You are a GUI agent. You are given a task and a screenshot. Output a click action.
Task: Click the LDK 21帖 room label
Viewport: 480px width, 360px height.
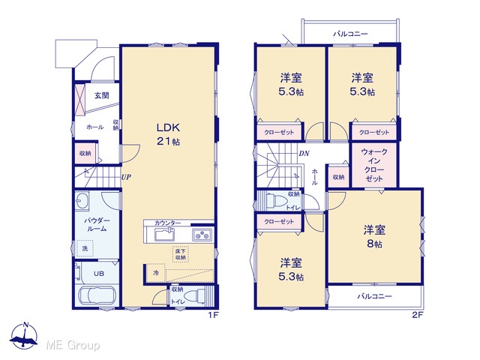tap(168, 134)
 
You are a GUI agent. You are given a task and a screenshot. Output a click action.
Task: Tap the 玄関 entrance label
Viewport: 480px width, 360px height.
tap(102, 96)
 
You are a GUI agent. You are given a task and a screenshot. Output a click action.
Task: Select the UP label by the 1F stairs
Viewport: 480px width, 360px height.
tap(126, 177)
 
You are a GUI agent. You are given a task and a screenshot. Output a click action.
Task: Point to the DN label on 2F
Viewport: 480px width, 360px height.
tap(304, 153)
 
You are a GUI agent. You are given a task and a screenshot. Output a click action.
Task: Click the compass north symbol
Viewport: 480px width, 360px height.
tap(24, 335)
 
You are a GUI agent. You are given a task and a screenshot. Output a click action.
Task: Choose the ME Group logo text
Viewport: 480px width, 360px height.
tap(73, 346)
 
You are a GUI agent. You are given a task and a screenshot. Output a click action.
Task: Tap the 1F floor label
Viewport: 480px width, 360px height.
tap(213, 315)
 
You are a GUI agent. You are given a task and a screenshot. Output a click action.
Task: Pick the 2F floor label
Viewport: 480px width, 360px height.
tap(417, 315)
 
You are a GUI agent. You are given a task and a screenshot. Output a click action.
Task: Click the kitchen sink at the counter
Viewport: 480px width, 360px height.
tap(165, 235)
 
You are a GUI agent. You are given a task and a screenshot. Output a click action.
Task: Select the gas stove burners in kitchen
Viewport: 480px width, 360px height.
tap(202, 235)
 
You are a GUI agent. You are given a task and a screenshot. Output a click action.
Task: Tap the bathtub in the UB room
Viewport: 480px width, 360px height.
tap(97, 295)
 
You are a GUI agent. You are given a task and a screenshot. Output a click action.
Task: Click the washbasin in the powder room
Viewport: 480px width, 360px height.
tap(82, 201)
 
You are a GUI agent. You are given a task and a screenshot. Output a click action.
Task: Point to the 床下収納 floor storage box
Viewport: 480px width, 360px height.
tap(181, 254)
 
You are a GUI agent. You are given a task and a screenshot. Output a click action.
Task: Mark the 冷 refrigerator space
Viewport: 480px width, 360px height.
tap(156, 272)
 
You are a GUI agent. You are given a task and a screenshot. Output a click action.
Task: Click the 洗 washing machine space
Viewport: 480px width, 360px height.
tap(85, 248)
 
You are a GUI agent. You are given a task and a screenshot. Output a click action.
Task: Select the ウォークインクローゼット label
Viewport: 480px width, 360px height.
tap(374, 165)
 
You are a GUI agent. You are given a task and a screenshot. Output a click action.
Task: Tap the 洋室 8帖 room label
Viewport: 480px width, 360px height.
tap(374, 236)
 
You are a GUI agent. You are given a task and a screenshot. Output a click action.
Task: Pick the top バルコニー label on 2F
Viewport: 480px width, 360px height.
tap(350, 34)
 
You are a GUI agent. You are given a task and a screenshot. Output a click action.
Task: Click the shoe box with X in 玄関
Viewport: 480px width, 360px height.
tap(79, 99)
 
